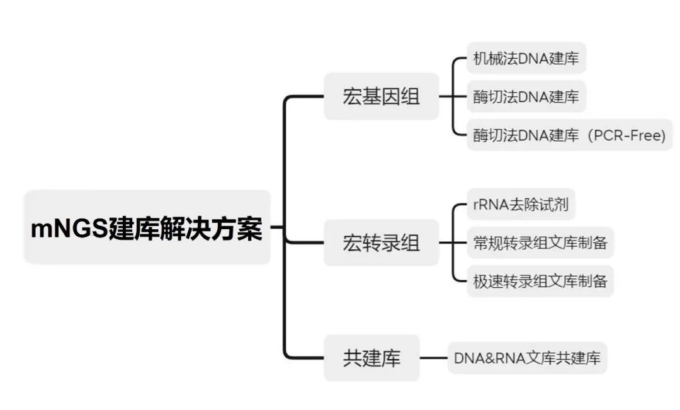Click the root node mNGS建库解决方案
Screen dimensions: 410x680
point(147,227)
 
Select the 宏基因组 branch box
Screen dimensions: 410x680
point(381,97)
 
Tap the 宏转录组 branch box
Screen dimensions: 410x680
point(381,243)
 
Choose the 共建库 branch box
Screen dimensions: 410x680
point(371,358)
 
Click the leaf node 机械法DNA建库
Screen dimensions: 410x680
point(526,60)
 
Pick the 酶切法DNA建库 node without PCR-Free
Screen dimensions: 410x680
point(526,97)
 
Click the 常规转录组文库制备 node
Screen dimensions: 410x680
point(540,243)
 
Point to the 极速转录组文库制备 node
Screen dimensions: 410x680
point(540,281)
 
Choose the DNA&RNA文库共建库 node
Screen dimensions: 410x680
point(527,358)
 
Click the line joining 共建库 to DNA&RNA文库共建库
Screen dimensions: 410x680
point(433,358)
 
